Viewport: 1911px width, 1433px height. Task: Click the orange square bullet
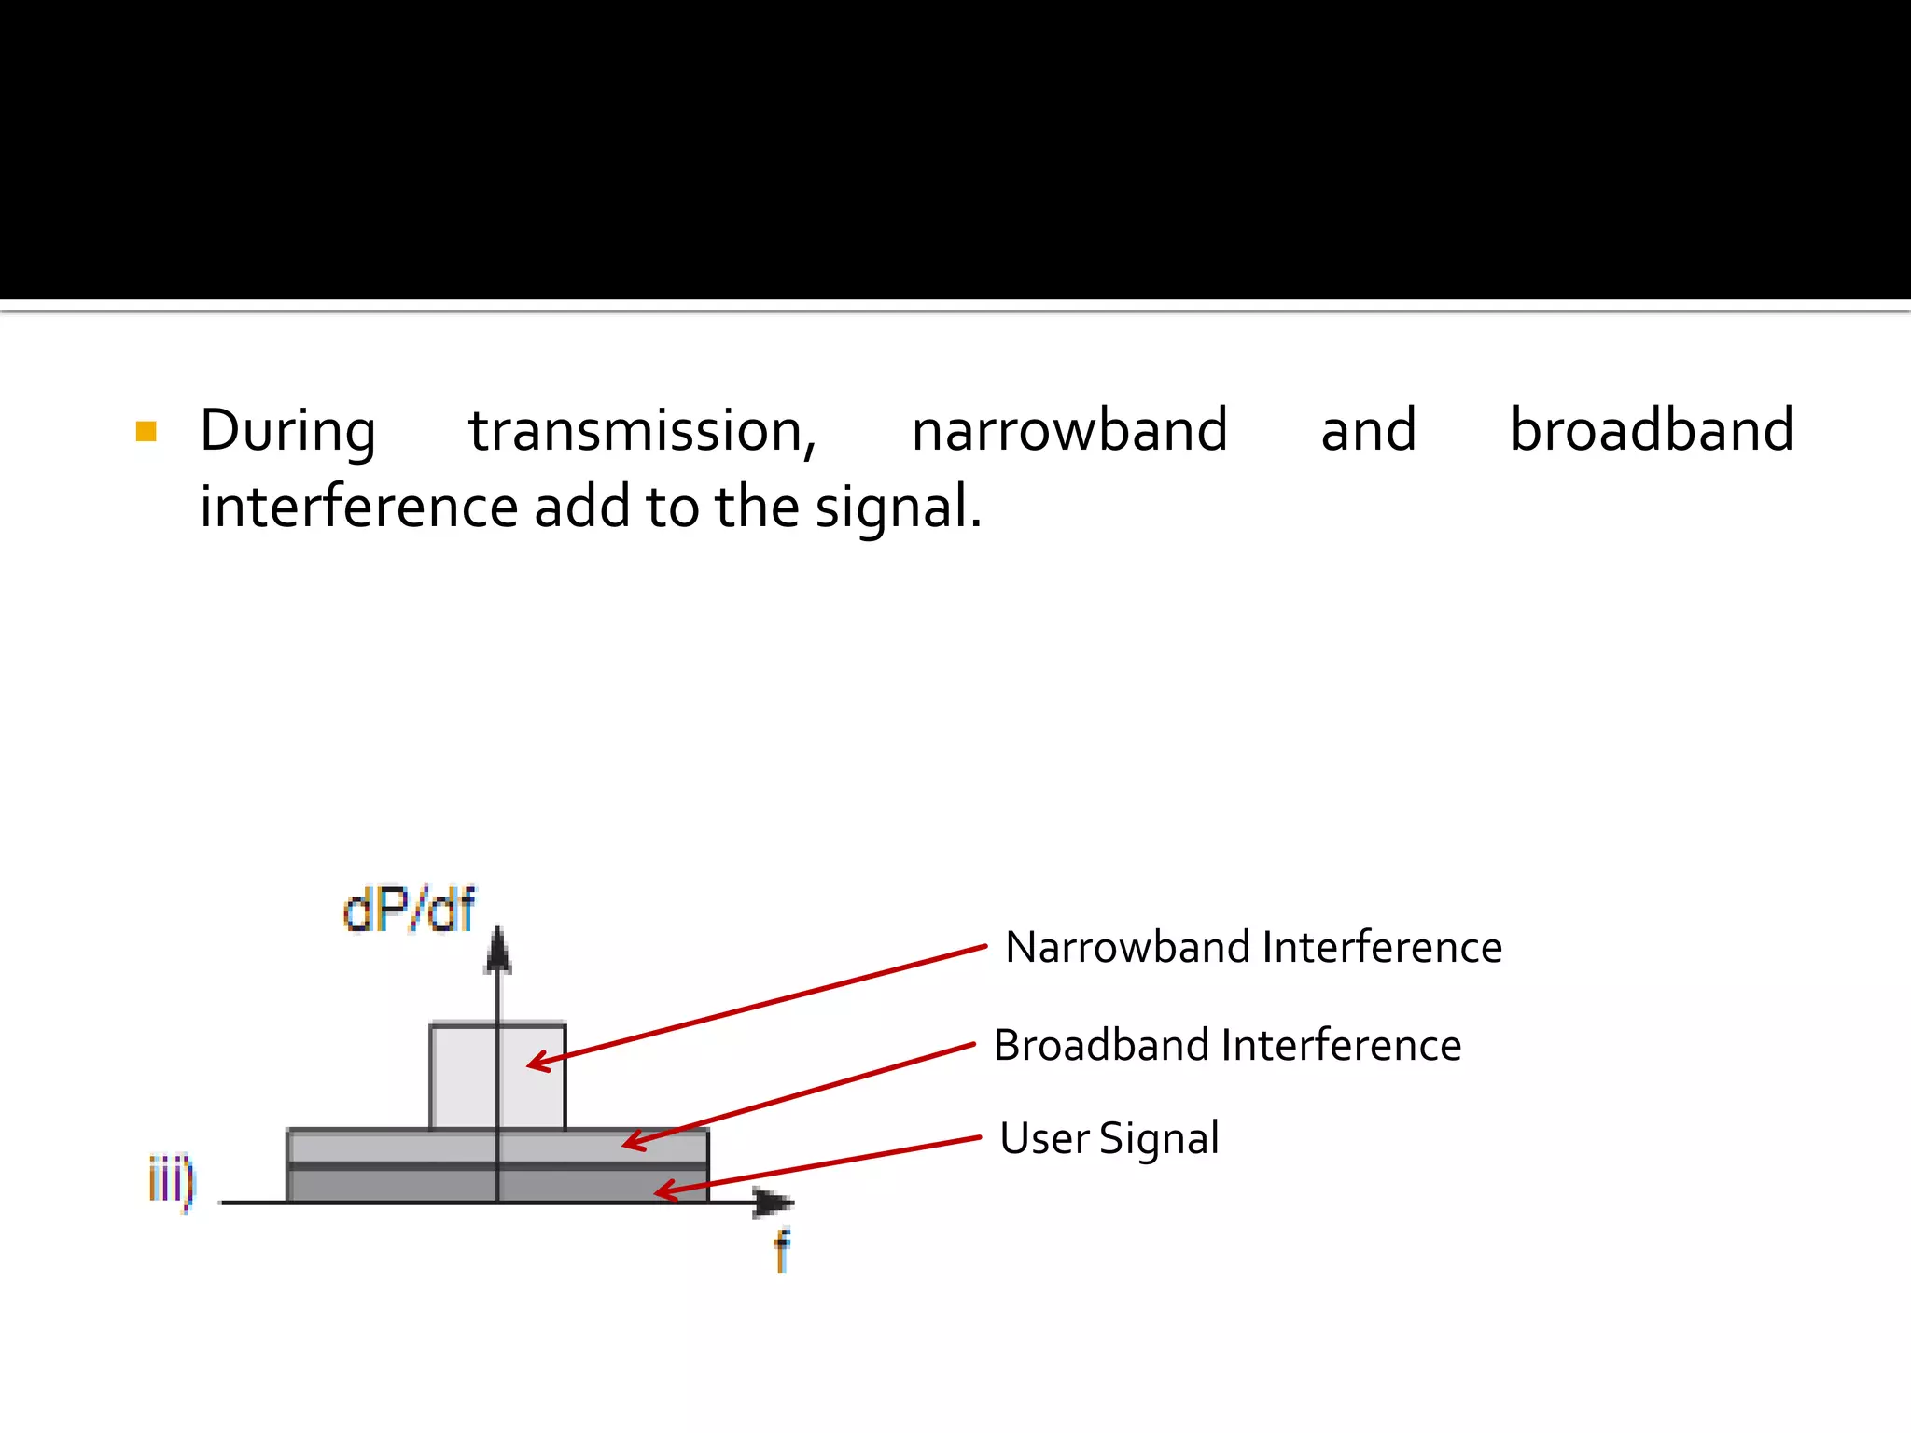tap(146, 431)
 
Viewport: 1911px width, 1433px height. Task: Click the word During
tap(287, 432)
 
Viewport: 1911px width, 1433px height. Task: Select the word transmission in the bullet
tap(642, 432)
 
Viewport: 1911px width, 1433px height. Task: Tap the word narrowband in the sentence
tap(1069, 431)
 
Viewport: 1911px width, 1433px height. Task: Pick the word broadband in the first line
tap(1652, 431)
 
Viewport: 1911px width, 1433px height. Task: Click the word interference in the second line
tap(359, 508)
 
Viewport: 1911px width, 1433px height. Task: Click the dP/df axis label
tap(409, 910)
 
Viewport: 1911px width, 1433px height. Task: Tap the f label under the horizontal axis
tap(782, 1250)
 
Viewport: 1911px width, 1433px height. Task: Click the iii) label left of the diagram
tap(172, 1181)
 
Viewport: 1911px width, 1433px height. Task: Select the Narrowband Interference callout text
tap(1253, 948)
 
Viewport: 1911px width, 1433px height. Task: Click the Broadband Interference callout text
tap(1227, 1045)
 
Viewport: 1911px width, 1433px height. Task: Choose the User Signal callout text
tap(1109, 1139)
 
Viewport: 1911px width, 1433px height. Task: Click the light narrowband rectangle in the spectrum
tap(464, 1078)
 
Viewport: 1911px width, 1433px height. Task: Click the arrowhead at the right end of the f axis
tap(774, 1203)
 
